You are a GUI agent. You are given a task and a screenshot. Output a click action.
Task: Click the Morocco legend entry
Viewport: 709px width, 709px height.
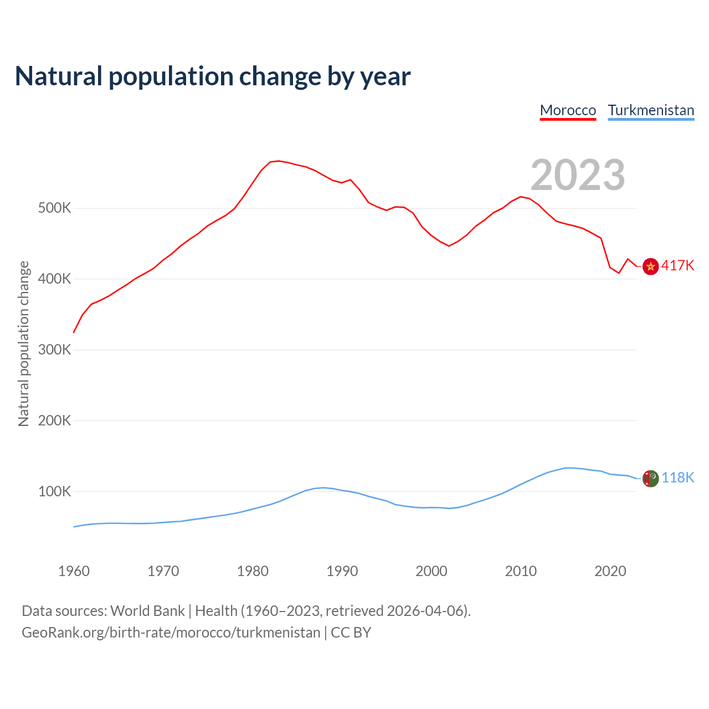click(568, 110)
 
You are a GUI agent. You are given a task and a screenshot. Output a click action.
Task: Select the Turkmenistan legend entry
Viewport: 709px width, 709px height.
click(651, 110)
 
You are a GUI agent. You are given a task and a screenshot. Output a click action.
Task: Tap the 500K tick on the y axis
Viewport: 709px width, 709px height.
click(55, 208)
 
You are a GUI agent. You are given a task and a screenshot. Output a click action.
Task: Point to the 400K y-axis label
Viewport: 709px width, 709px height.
click(55, 279)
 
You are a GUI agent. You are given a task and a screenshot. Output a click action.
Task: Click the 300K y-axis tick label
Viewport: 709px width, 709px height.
click(55, 350)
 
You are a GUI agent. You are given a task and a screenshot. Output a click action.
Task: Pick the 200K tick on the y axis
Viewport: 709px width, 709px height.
click(55, 420)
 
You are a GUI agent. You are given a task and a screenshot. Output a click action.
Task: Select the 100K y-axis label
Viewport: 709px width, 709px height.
click(55, 491)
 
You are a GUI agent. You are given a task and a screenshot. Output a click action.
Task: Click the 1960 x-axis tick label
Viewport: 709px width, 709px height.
click(74, 571)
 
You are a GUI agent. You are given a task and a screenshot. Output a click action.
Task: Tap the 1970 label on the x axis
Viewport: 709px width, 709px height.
click(163, 571)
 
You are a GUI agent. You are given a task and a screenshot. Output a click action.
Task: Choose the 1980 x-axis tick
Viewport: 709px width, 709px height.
click(253, 571)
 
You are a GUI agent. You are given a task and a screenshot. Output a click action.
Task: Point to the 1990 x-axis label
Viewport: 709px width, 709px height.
click(342, 571)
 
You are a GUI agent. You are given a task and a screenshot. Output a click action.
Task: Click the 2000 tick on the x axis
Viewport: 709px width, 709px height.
click(431, 571)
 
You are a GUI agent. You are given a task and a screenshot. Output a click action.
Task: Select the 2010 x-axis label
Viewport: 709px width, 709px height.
click(521, 571)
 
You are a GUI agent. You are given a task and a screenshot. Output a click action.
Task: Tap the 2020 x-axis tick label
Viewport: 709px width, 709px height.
click(610, 571)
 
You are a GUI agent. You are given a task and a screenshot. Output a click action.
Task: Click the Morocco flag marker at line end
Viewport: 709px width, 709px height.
click(650, 266)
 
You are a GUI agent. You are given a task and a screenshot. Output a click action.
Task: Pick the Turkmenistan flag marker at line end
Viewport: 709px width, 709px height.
click(650, 478)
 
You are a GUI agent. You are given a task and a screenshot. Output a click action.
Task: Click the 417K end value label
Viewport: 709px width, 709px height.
click(677, 266)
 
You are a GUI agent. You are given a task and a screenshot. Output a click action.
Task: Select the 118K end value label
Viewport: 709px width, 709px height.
click(678, 477)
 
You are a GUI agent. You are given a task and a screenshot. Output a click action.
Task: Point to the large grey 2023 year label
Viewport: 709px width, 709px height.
click(578, 175)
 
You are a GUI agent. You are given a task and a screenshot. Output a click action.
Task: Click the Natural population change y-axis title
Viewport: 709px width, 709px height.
click(24, 343)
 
